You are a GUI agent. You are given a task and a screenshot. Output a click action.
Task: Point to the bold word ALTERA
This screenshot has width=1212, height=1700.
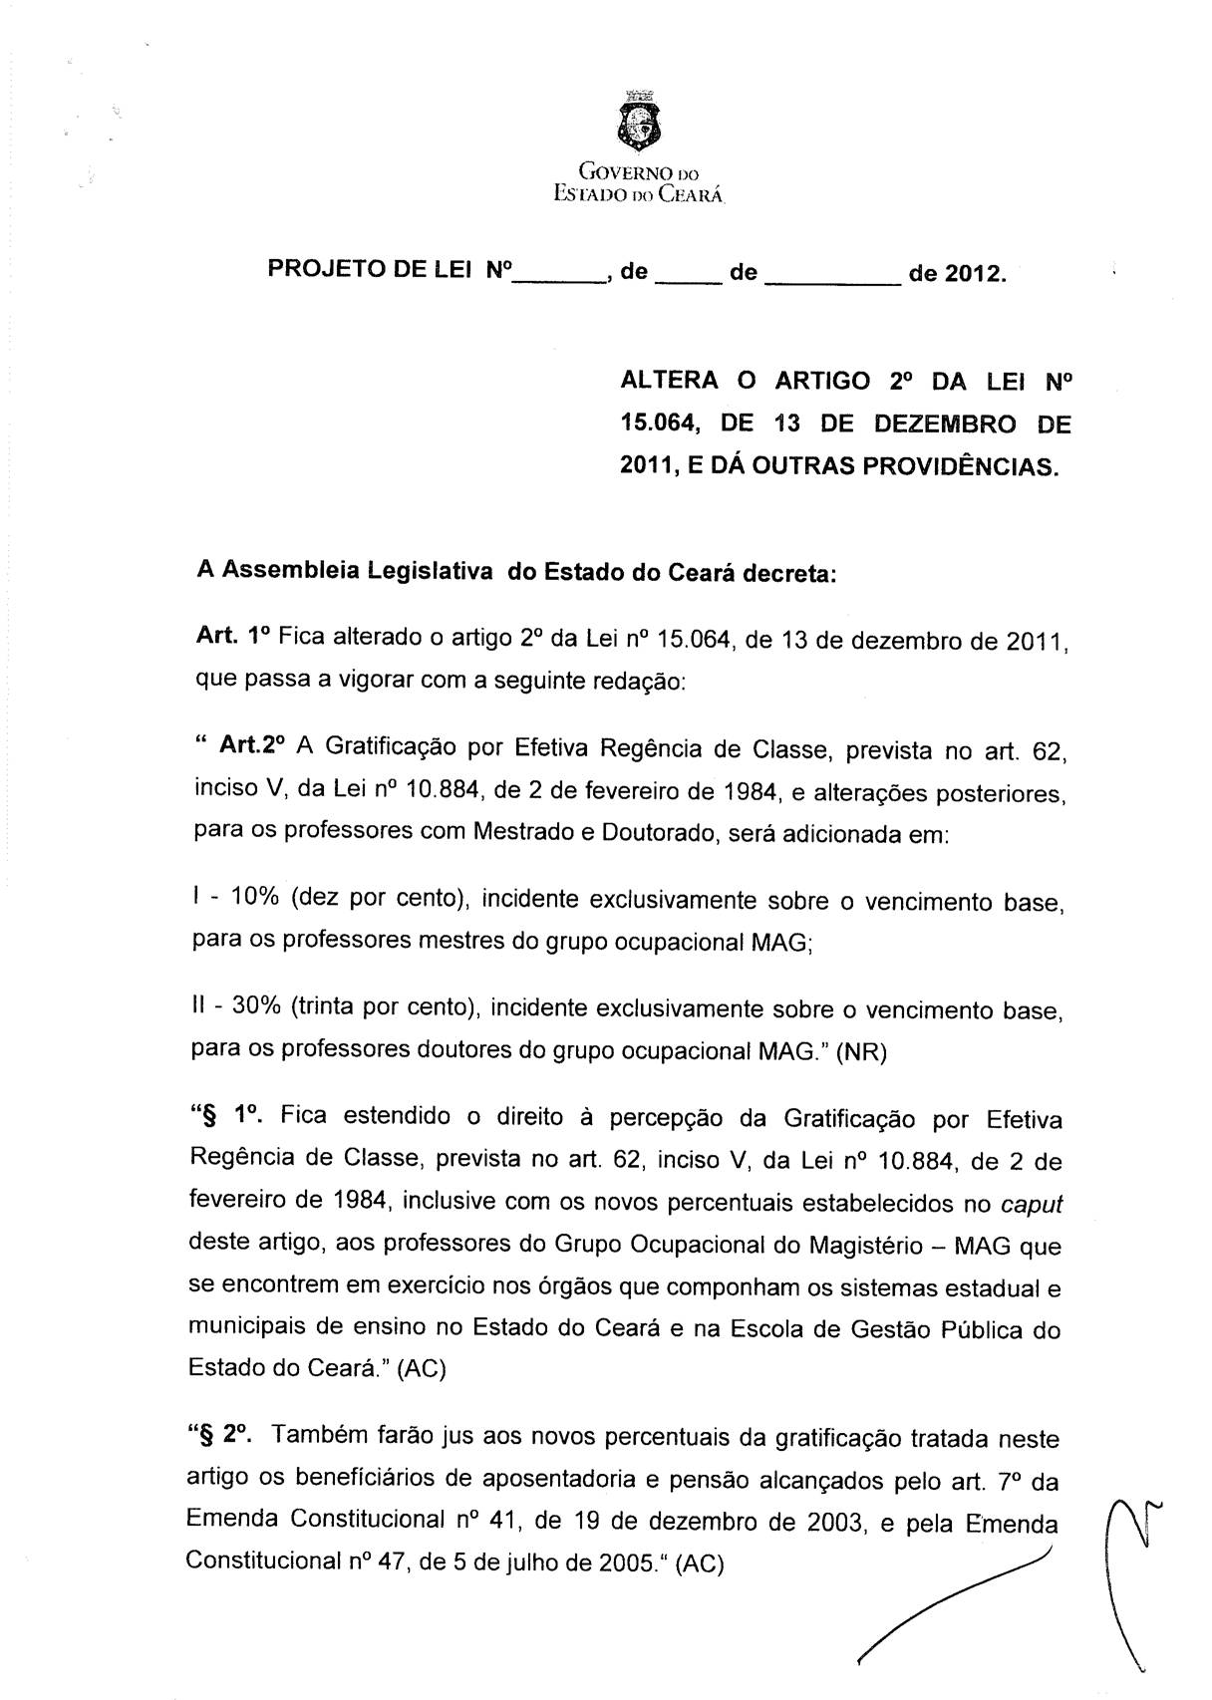pyautogui.click(x=669, y=381)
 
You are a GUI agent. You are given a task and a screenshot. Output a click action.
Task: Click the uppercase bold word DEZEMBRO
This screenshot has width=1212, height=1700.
pyautogui.click(x=946, y=424)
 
